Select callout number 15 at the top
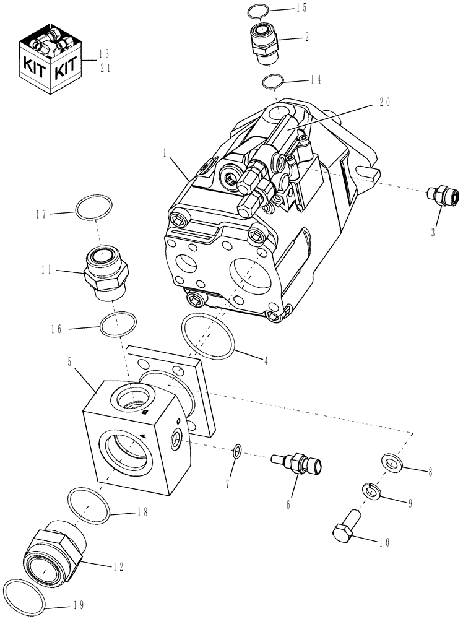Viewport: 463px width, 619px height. pos(301,8)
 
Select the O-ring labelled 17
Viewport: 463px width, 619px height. pos(93,207)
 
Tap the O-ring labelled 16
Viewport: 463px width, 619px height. pos(117,324)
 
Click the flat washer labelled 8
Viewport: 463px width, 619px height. pos(391,461)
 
